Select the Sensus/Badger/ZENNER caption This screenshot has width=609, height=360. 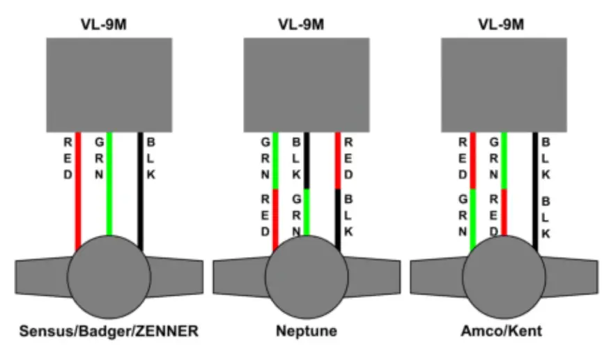(x=108, y=331)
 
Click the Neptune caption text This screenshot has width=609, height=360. (x=306, y=331)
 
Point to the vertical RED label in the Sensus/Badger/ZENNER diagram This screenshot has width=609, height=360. (x=68, y=158)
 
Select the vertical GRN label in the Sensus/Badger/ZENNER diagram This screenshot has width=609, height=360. (x=99, y=158)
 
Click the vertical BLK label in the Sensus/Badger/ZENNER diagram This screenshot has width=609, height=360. (x=151, y=158)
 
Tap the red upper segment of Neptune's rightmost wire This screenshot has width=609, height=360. (x=338, y=160)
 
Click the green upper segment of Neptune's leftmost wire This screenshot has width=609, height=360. (x=276, y=160)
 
